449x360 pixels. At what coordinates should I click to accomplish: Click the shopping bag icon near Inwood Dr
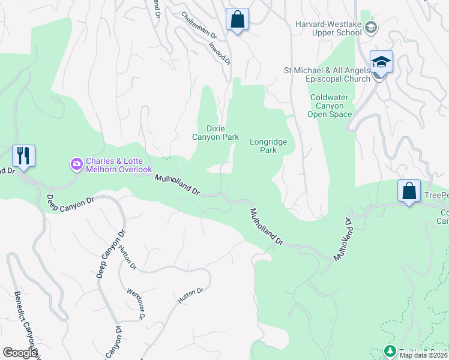238,19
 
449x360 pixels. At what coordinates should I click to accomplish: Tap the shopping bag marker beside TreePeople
409,191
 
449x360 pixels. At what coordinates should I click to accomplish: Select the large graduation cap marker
381,62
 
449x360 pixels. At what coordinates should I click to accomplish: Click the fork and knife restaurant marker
23,156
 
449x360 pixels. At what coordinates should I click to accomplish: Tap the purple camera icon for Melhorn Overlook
76,163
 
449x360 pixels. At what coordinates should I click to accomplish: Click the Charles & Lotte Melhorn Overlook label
118,165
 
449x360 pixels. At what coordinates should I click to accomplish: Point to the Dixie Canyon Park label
215,133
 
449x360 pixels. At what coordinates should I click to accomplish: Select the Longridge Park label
268,146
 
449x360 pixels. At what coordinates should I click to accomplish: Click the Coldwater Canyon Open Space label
330,106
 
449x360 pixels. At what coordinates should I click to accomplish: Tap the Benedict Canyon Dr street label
23,322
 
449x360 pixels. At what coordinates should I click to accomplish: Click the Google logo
20,353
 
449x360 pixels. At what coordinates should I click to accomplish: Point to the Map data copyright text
423,355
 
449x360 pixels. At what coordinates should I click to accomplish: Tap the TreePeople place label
436,196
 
